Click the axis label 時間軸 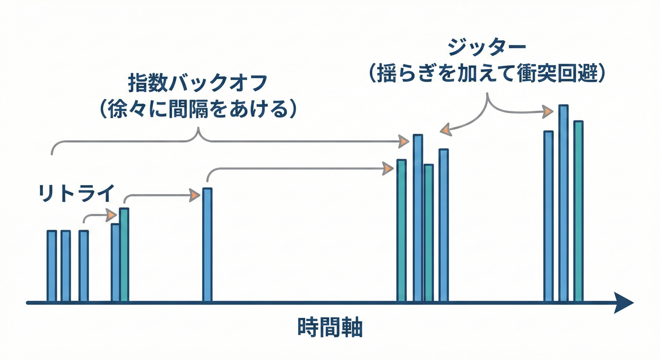[330, 328]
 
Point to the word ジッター [487, 49]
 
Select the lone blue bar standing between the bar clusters [207, 244]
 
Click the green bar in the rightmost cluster [578, 211]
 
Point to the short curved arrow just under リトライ [98, 216]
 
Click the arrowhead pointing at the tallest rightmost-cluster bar [547, 112]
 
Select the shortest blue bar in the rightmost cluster [548, 216]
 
